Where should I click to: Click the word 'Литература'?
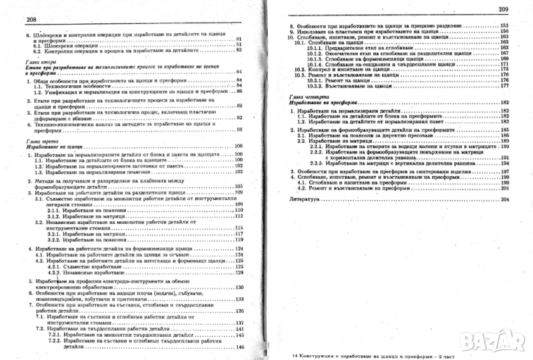308,199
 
